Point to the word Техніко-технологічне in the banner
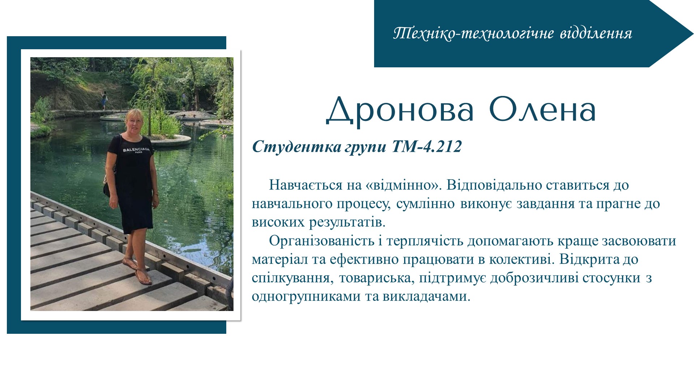(474, 33)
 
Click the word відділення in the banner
(596, 33)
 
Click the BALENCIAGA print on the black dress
(136, 150)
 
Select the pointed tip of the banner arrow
(693, 34)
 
